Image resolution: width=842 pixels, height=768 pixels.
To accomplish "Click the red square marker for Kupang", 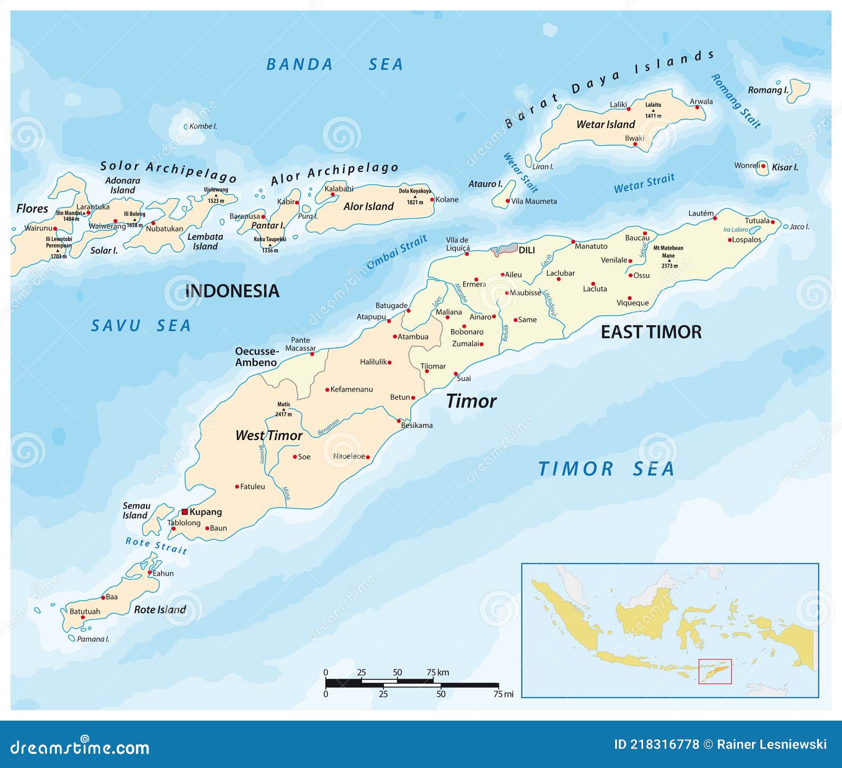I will tap(185, 512).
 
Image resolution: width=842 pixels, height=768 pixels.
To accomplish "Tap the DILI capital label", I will tap(526, 250).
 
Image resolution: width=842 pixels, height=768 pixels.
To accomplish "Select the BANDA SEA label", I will tap(335, 64).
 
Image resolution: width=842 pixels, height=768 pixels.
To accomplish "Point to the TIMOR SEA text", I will tap(606, 468).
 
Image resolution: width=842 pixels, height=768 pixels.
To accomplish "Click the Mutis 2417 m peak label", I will tap(283, 409).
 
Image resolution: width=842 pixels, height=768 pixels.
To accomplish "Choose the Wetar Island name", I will tap(605, 124).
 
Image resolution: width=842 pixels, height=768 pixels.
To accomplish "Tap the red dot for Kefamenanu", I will tap(327, 390).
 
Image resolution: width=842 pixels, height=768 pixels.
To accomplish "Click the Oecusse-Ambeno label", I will tap(256, 357).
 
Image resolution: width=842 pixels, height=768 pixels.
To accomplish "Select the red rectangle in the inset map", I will tap(715, 671).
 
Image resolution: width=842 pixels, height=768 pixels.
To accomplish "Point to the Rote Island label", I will tap(160, 610).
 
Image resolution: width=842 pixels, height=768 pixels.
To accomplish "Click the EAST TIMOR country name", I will tap(651, 332).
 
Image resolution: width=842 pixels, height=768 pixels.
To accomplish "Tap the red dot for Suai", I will tap(456, 374).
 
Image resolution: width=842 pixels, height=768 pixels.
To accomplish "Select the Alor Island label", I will tap(368, 206).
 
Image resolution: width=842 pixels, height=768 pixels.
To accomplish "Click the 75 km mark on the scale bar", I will tap(437, 673).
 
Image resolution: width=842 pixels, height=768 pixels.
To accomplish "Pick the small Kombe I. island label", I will tap(203, 126).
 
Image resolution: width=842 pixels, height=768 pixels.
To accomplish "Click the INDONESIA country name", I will tap(232, 291).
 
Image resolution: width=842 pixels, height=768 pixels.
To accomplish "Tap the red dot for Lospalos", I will tap(730, 240).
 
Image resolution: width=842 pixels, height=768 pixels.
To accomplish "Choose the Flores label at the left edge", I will tap(32, 208).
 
